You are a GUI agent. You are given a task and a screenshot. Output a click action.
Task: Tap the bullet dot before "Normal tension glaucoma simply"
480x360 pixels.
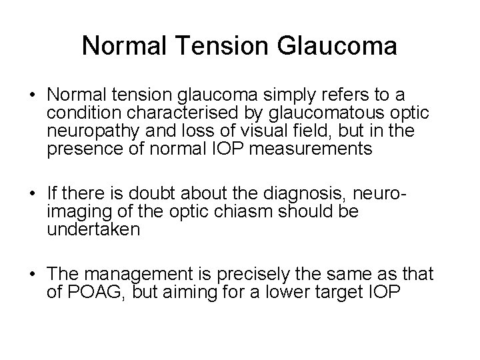33,96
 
